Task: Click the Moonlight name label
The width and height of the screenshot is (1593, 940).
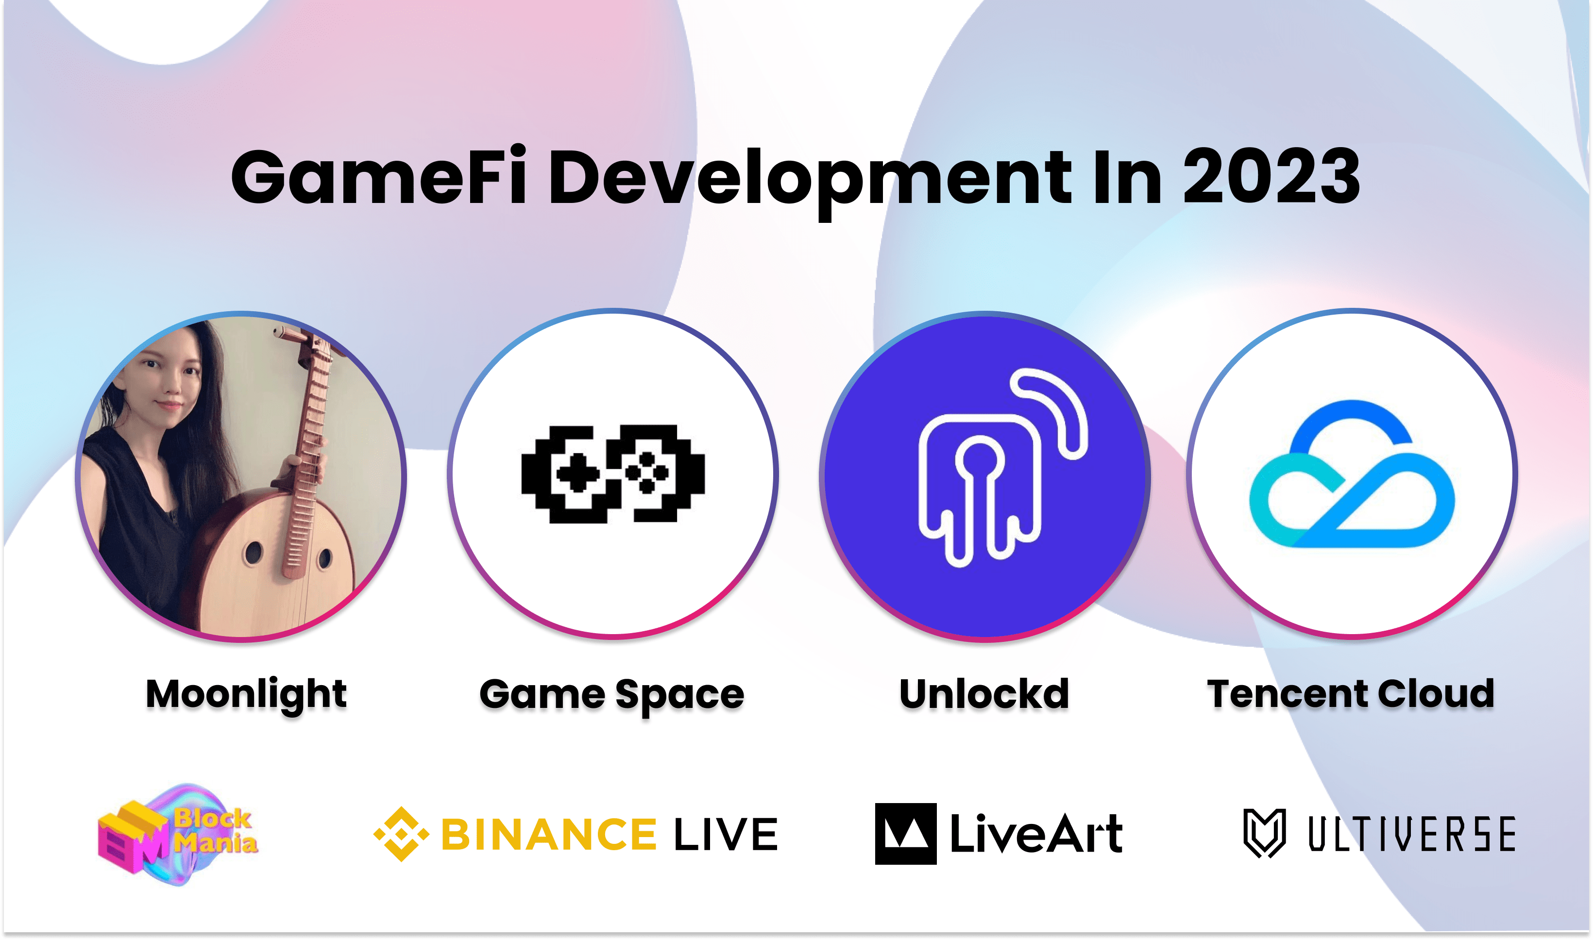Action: tap(246, 694)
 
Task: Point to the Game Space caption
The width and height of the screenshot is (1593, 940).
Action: tap(612, 695)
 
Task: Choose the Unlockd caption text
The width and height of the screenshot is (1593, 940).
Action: tap(984, 694)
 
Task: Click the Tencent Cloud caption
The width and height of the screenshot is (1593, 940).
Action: tap(1351, 694)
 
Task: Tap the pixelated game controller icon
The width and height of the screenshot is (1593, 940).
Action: tap(612, 474)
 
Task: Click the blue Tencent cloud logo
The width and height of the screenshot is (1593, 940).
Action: tap(1352, 475)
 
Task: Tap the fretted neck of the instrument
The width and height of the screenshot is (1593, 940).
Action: tap(310, 443)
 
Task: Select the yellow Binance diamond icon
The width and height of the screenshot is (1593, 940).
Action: tap(401, 834)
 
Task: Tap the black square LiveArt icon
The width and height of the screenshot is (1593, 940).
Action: tap(905, 834)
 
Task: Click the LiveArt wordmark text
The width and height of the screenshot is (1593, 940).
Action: tap(1036, 834)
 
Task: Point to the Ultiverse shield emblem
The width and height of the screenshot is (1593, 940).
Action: tap(1264, 833)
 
